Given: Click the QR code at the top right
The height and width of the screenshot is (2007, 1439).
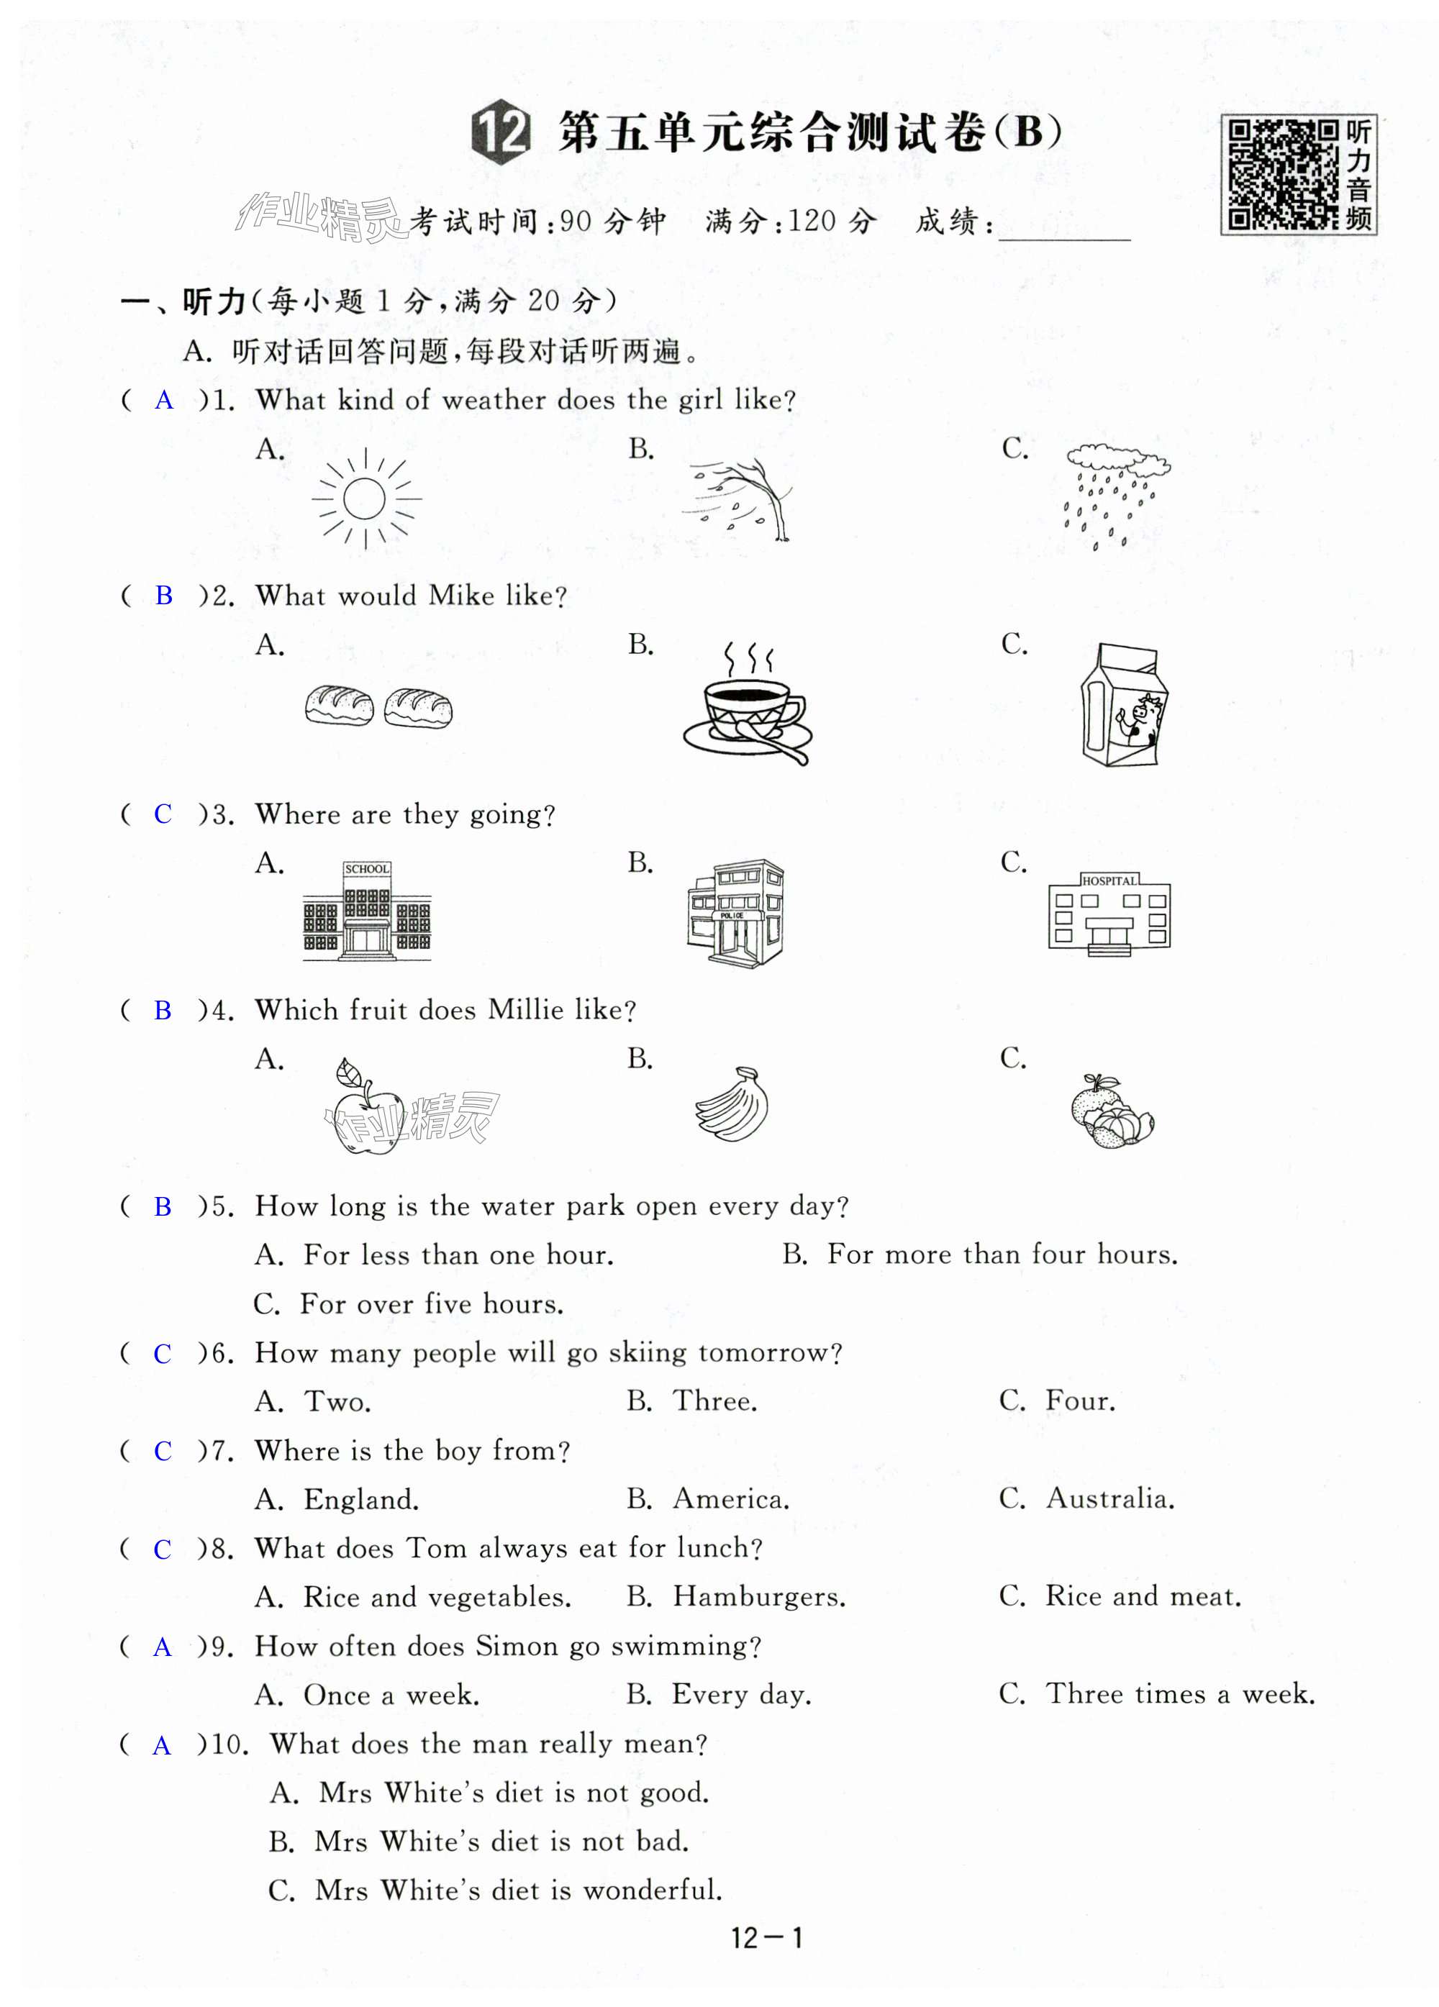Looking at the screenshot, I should pos(1282,174).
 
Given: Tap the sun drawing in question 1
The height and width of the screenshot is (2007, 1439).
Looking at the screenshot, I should pos(366,499).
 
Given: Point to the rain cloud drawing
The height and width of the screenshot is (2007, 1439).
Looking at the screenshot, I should pos(1115,496).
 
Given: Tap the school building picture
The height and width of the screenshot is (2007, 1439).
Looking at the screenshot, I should pos(366,910).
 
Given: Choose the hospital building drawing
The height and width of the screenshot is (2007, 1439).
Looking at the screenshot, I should pos(1109,914).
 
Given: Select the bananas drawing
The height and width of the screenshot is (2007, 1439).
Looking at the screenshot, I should pos(734,1103).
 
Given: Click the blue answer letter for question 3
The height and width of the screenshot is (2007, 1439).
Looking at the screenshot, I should pos(163,814).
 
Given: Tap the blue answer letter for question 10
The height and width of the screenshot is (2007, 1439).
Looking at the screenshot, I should pos(162,1745).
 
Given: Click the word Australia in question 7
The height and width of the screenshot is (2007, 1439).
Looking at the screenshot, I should pos(1109,1499).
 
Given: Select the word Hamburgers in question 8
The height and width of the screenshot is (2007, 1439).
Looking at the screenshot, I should pos(758,1596).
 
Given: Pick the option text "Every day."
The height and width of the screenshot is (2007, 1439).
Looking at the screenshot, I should pos(741,1694).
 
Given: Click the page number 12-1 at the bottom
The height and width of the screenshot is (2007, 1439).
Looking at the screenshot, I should pos(766,1939).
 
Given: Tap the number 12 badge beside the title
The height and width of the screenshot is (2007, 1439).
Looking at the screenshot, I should pos(501,133).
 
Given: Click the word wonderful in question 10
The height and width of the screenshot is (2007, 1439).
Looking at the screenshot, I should pos(653,1890).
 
